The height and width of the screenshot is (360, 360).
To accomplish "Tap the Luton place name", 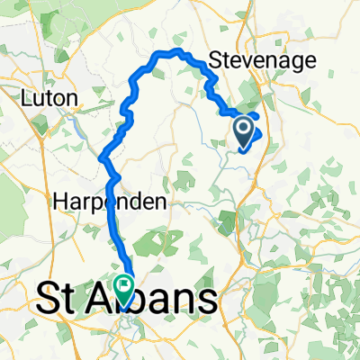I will click(x=56, y=96).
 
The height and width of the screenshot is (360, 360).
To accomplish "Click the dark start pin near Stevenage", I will click(x=244, y=132).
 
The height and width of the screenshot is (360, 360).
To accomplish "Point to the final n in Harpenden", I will click(x=161, y=203).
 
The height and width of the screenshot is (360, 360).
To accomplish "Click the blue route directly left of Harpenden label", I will click(x=112, y=203).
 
